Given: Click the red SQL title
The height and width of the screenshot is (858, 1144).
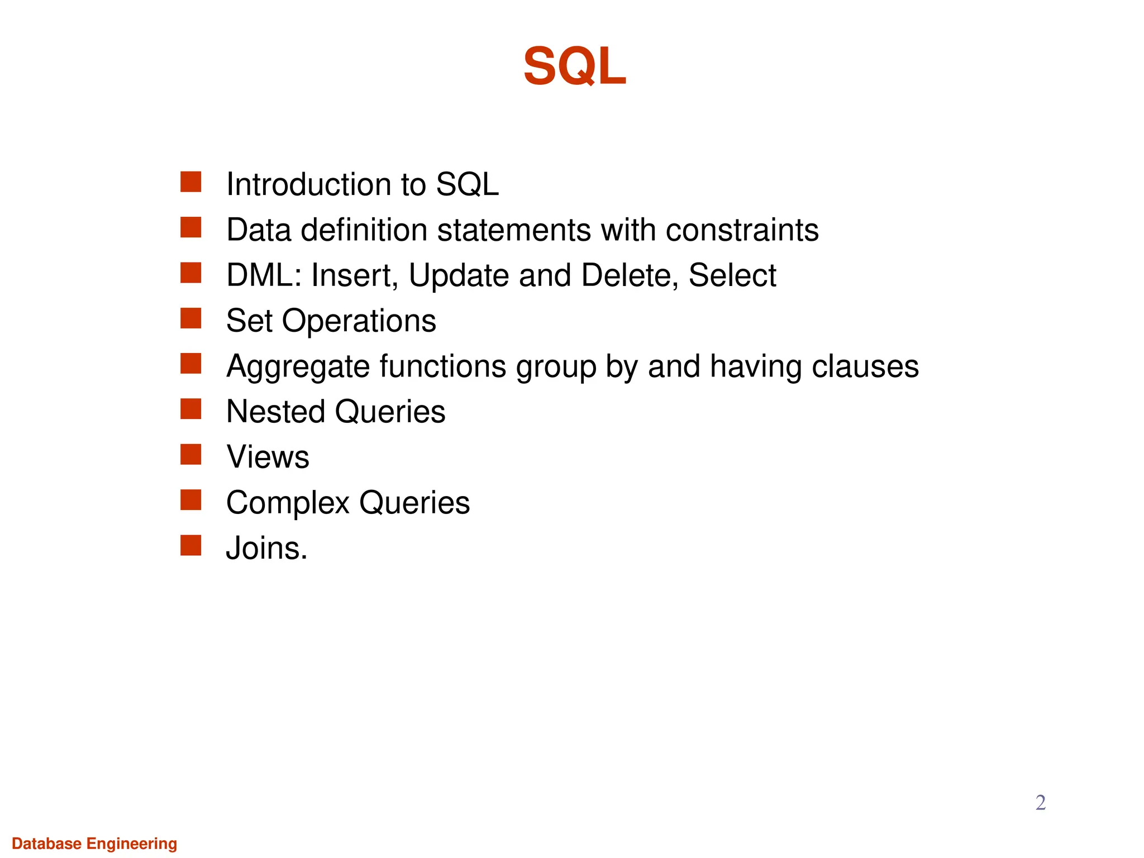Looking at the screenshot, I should [x=574, y=66].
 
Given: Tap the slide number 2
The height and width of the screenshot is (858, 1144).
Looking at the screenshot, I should [x=1040, y=802].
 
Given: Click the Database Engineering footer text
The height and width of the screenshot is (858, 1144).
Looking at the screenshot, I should [x=94, y=843].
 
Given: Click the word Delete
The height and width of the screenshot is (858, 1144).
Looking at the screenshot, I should [x=629, y=275].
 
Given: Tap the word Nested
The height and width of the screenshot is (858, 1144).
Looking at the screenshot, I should [x=275, y=412].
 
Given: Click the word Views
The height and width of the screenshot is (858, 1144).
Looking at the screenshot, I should [x=268, y=457].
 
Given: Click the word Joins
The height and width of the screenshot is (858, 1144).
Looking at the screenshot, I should [x=266, y=548].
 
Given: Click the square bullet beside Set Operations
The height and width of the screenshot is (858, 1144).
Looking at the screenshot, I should [x=190, y=318].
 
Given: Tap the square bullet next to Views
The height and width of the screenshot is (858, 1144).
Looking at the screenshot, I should [x=190, y=455].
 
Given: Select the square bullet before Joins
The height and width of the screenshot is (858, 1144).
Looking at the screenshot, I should [x=190, y=545].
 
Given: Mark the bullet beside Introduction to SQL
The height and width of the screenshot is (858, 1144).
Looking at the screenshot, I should [x=190, y=182].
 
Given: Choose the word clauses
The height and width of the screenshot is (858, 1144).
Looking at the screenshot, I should [x=865, y=366].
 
